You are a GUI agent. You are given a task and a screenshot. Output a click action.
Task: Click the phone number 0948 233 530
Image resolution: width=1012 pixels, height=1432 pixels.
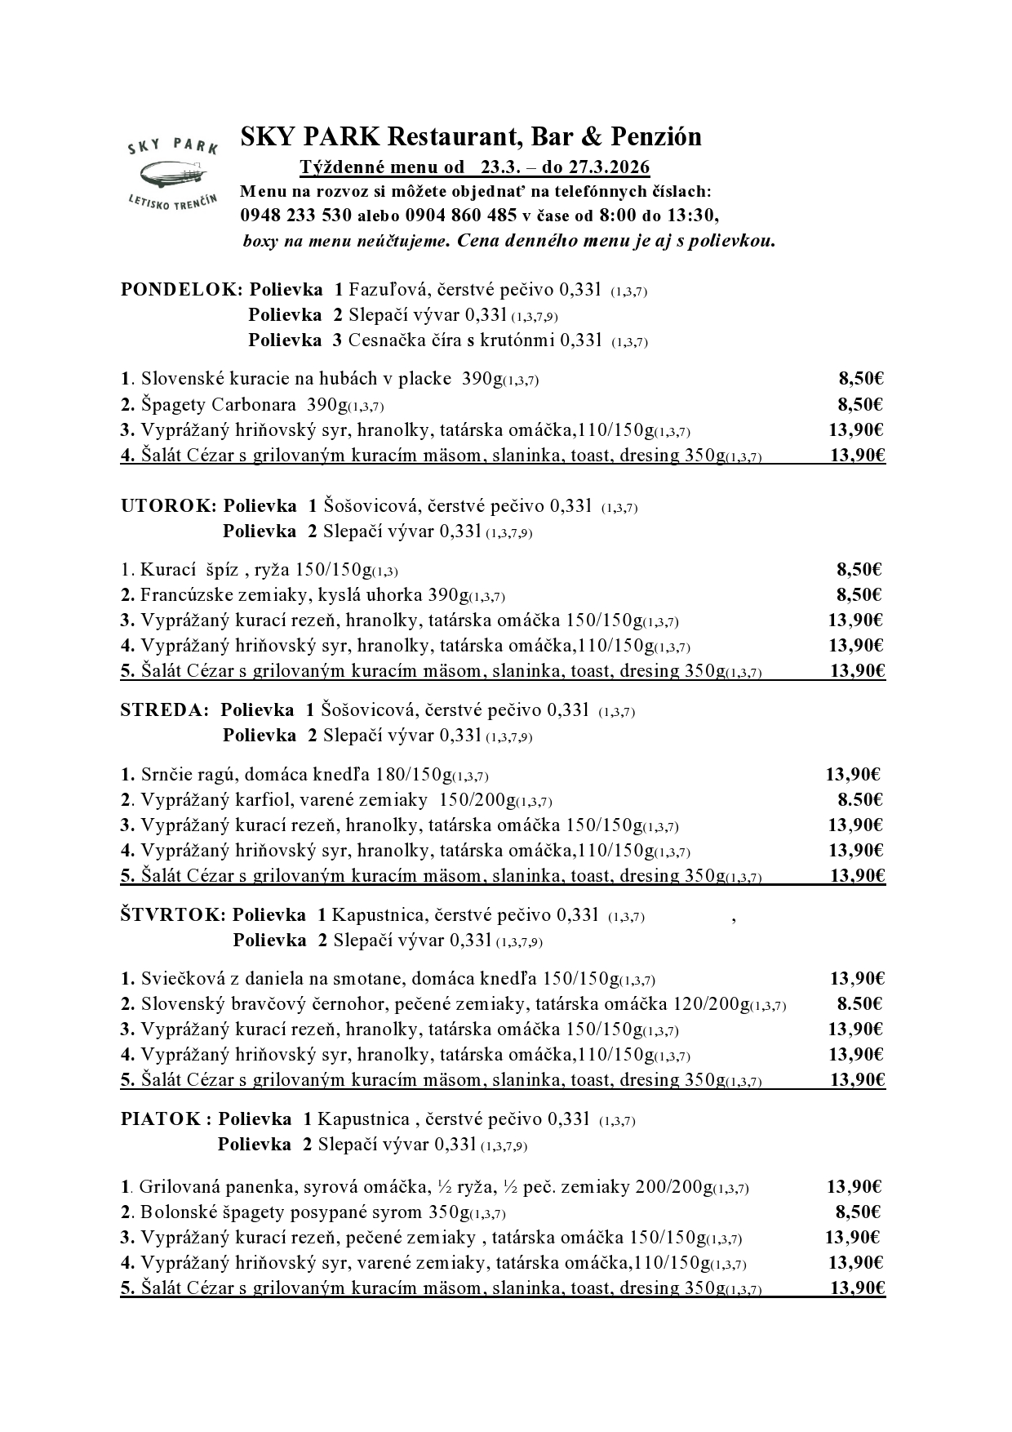pyautogui.click(x=295, y=216)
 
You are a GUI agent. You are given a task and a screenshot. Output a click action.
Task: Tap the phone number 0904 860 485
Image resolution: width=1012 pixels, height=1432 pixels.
pyautogui.click(x=461, y=216)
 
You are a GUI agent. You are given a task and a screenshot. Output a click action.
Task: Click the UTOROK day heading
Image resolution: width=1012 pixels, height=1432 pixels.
pyautogui.click(x=168, y=506)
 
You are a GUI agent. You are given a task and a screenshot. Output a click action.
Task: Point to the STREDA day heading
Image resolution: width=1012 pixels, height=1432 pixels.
pyautogui.click(x=164, y=710)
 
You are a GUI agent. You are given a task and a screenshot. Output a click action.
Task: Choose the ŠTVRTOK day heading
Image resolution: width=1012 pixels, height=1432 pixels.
pyautogui.click(x=171, y=915)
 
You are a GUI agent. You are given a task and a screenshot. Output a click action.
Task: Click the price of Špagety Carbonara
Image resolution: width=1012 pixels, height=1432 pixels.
pyautogui.click(x=861, y=404)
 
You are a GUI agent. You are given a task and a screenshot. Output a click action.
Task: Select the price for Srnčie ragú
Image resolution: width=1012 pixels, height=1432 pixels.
pyautogui.click(x=853, y=774)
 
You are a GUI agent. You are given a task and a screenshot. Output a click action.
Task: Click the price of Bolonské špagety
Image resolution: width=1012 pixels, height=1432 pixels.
pyautogui.click(x=858, y=1212)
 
